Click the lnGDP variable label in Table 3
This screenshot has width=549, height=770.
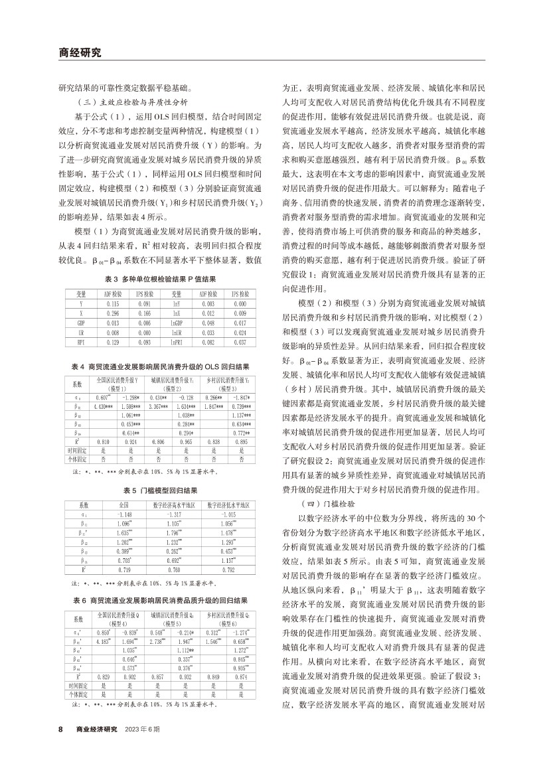[177, 321]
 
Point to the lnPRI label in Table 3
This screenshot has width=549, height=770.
[177, 341]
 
